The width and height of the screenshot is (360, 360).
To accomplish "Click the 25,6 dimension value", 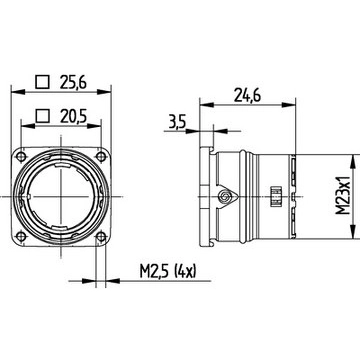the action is point(73,82).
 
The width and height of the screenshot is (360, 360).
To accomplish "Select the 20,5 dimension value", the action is point(74,116).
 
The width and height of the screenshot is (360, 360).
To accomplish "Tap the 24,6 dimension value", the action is point(247,95).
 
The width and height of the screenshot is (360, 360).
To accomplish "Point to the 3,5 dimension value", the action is point(178,123).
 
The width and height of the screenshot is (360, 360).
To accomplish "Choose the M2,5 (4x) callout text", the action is point(168,272).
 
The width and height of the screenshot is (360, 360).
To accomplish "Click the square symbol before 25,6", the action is point(43,82).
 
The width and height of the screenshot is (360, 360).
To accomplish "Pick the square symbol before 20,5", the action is point(42,116).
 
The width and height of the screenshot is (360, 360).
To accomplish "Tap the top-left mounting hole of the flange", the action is point(21,156).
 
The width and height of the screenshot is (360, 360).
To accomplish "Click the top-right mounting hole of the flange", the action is point(101,156).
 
